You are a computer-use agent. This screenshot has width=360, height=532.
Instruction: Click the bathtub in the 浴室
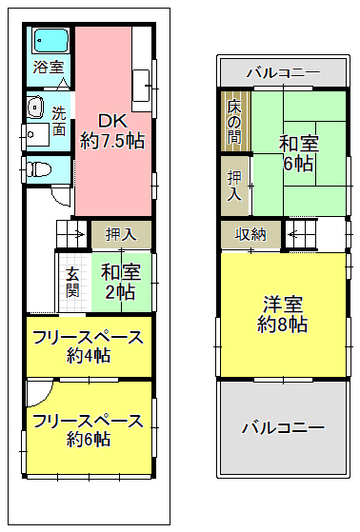pos(51,40)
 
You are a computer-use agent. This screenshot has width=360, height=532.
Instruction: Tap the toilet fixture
pos(38,169)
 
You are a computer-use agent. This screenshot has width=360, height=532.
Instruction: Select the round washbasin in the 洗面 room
pos(35,108)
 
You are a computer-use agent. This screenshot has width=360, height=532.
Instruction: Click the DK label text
pos(112,121)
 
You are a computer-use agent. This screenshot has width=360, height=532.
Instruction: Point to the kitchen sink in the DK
pos(141,86)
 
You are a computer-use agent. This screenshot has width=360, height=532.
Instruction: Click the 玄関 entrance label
pos(72,282)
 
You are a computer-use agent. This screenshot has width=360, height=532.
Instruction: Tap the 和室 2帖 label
pos(121,282)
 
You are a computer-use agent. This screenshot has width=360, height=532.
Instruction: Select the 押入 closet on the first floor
pos(121,234)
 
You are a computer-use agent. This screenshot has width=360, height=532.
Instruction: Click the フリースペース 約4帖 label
pos(89,346)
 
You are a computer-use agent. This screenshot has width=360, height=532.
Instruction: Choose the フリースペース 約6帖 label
pos(89,430)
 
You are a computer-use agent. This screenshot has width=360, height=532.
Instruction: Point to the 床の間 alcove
pos(235,121)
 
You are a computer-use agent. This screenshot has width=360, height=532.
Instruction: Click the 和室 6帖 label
pos(298,153)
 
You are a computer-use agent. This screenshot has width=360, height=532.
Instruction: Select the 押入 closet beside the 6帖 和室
pos(235,186)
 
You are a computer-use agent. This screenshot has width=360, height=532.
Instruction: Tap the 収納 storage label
pos(250,234)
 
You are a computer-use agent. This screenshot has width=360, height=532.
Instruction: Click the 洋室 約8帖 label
pos(283,314)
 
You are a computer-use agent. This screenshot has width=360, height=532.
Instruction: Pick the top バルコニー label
pos(283,72)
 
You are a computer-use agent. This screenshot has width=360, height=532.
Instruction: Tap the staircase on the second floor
pos(301,234)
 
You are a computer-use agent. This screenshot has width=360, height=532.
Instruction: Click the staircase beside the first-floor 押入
pos(71,234)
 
